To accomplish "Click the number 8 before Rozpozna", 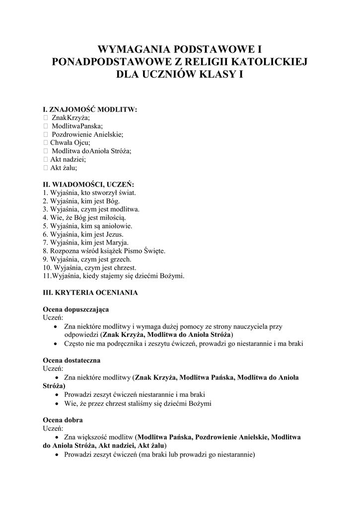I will tap(45, 251).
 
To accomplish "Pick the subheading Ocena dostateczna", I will tap(72, 360).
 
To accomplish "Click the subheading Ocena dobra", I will tap(63, 420).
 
